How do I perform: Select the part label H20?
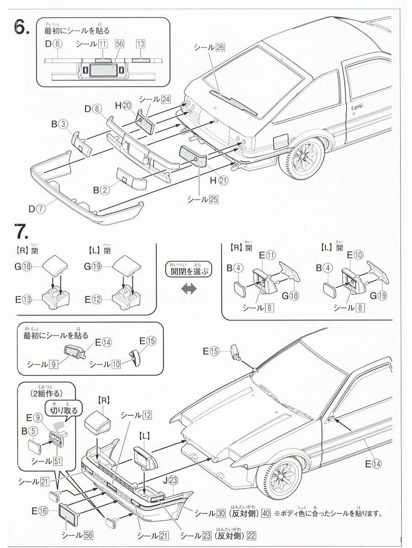pyautogui.click(x=123, y=105)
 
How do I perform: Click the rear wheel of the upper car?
pyautogui.click(x=303, y=160)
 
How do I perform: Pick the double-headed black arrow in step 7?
pyautogui.click(x=189, y=288)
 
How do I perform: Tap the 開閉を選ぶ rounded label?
pyautogui.click(x=189, y=269)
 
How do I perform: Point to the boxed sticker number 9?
pyautogui.click(x=54, y=364)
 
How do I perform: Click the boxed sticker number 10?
pyautogui.click(x=116, y=364)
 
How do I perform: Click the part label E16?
pyautogui.click(x=41, y=511)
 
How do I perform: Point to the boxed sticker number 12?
pyautogui.click(x=147, y=415)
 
